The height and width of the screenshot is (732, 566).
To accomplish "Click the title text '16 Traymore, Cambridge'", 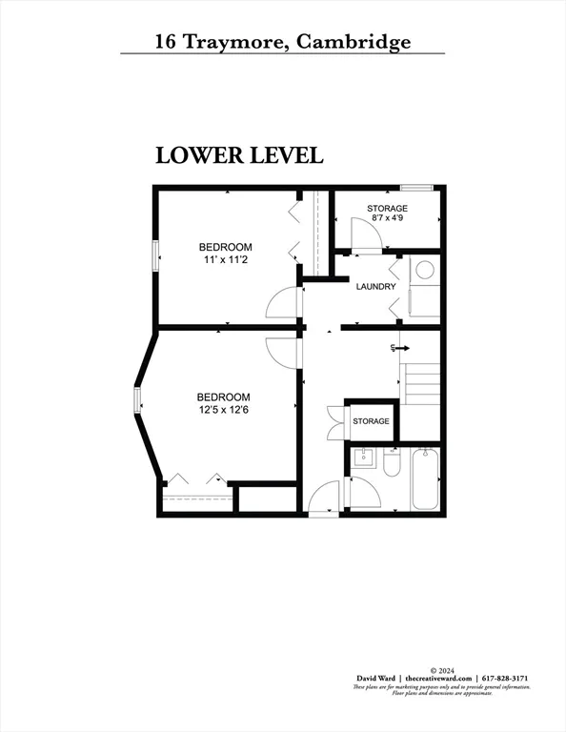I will coord(283,42).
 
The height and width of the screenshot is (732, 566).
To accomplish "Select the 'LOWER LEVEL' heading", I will coord(239,155).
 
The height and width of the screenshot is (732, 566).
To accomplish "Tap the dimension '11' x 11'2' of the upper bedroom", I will coord(225,259).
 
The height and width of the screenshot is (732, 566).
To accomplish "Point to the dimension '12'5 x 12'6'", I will coord(223,410).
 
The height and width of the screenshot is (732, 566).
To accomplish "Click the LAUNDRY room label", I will coord(375,287).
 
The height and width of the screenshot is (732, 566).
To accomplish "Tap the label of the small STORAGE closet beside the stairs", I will coord(371,421).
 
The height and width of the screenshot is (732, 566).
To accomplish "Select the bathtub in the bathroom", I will coord(425,481).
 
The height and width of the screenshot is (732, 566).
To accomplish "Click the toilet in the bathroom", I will coord(391,465).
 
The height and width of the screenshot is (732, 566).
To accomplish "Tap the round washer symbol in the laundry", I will coord(425,270).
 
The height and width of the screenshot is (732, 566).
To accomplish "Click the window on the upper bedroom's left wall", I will coord(155,256).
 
